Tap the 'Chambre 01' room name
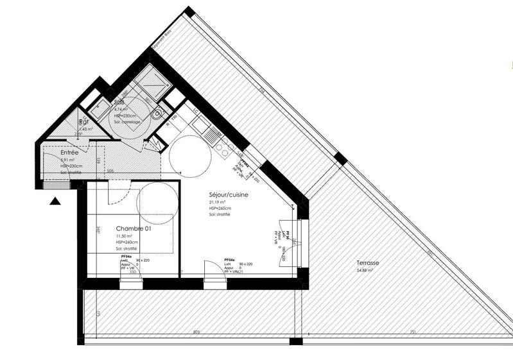(x=133, y=229)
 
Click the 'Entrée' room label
(x=69, y=153)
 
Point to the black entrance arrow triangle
(x=55, y=201)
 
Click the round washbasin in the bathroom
(x=157, y=115)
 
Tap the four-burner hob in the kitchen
(x=225, y=149)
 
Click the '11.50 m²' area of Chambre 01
(x=124, y=237)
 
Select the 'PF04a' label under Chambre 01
(x=127, y=257)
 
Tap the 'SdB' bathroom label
(x=119, y=102)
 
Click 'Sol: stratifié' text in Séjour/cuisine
(x=220, y=214)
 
